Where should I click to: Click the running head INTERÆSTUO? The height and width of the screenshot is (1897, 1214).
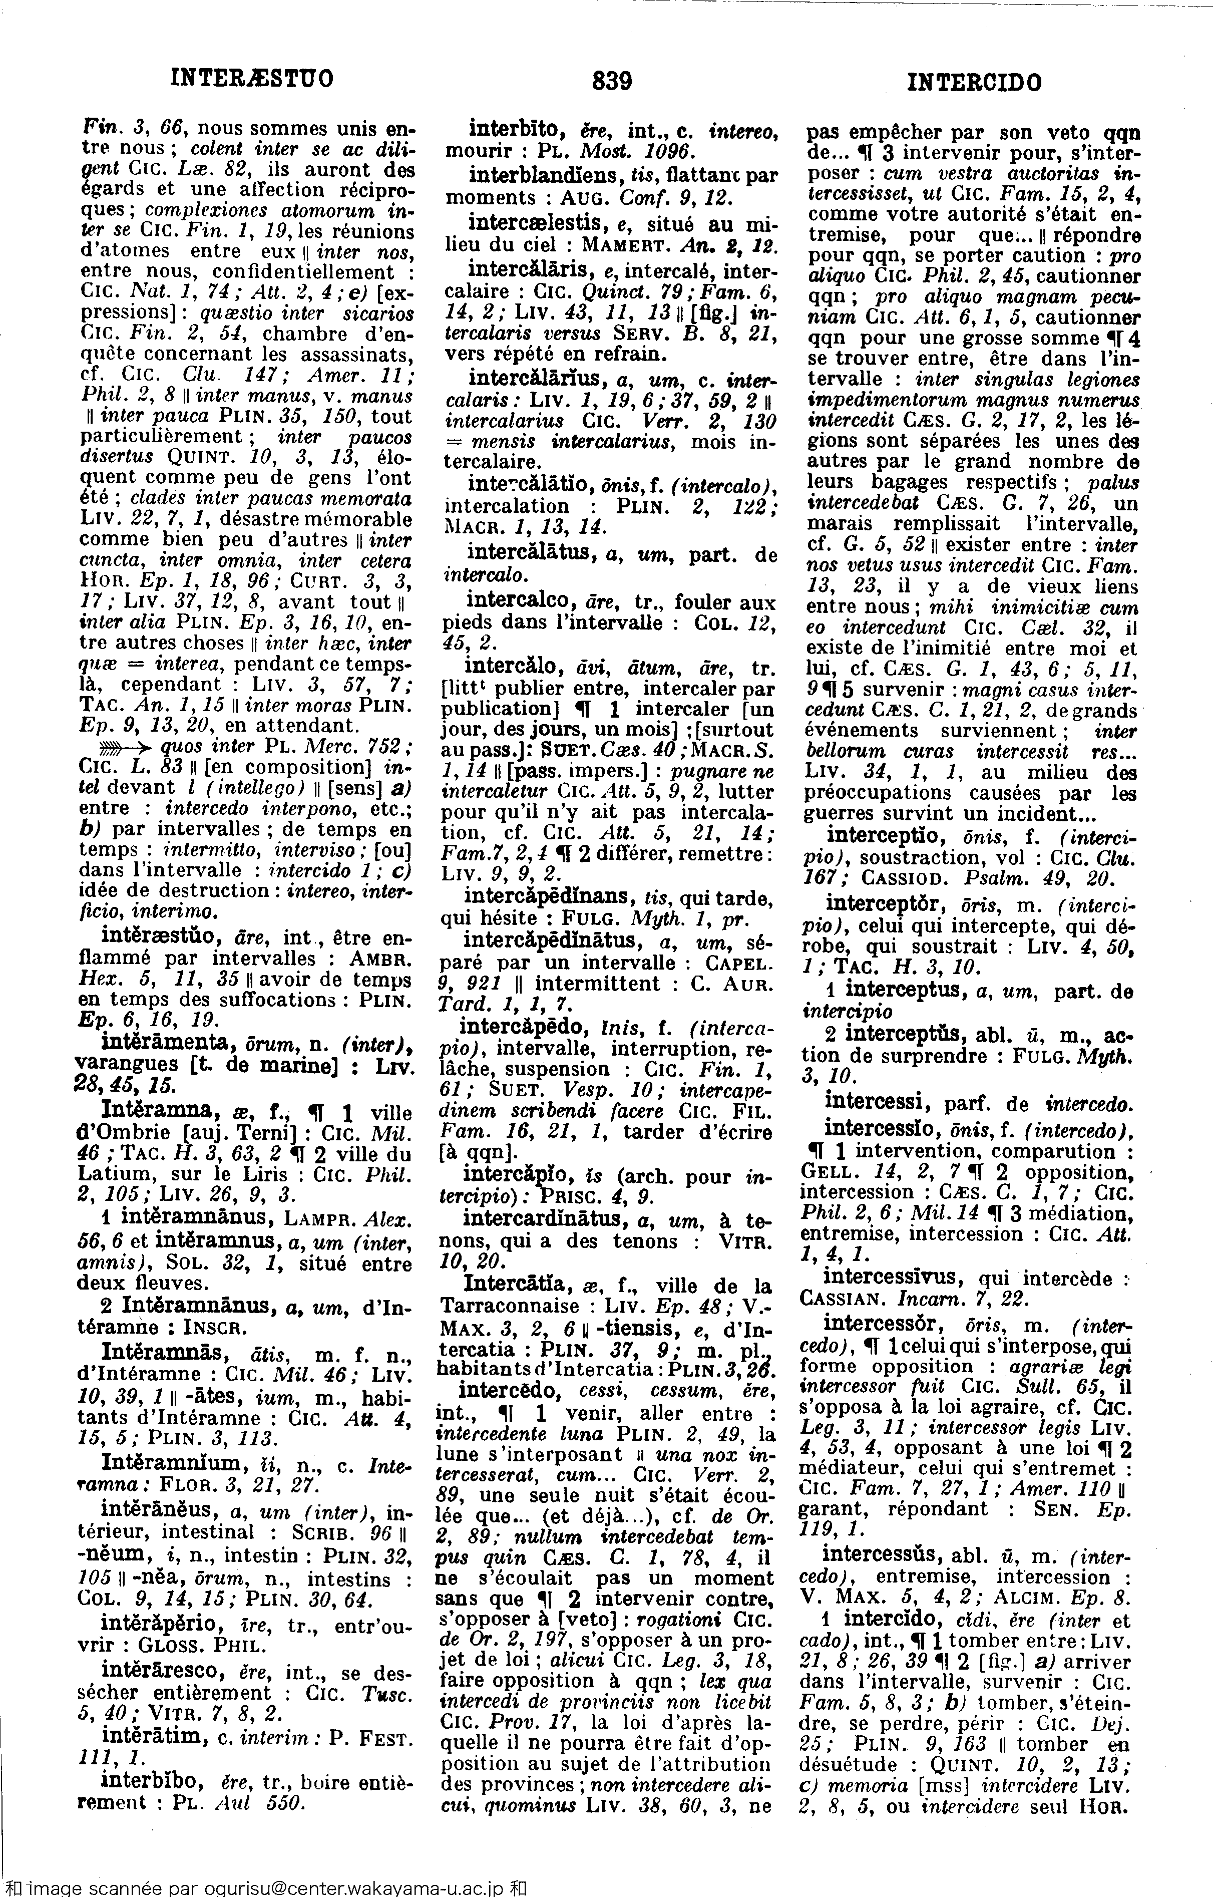[252, 79]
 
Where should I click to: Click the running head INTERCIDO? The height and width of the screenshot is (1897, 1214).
[974, 82]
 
